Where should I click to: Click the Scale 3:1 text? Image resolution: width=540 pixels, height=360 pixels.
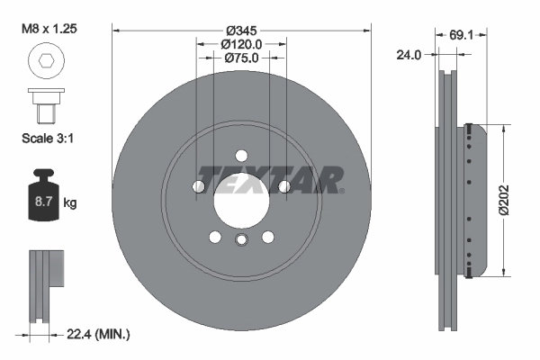(47, 139)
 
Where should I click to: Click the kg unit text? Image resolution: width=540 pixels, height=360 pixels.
(70, 203)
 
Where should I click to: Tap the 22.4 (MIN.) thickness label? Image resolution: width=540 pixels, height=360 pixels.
(99, 335)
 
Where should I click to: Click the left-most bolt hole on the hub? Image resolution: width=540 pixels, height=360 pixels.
(198, 186)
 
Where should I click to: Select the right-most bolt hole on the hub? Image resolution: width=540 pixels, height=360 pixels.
(284, 186)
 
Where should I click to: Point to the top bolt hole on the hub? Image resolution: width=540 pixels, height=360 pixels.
(241, 154)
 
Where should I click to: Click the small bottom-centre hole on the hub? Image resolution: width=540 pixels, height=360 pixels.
(241, 239)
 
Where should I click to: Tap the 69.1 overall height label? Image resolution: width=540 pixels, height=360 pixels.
(461, 36)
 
